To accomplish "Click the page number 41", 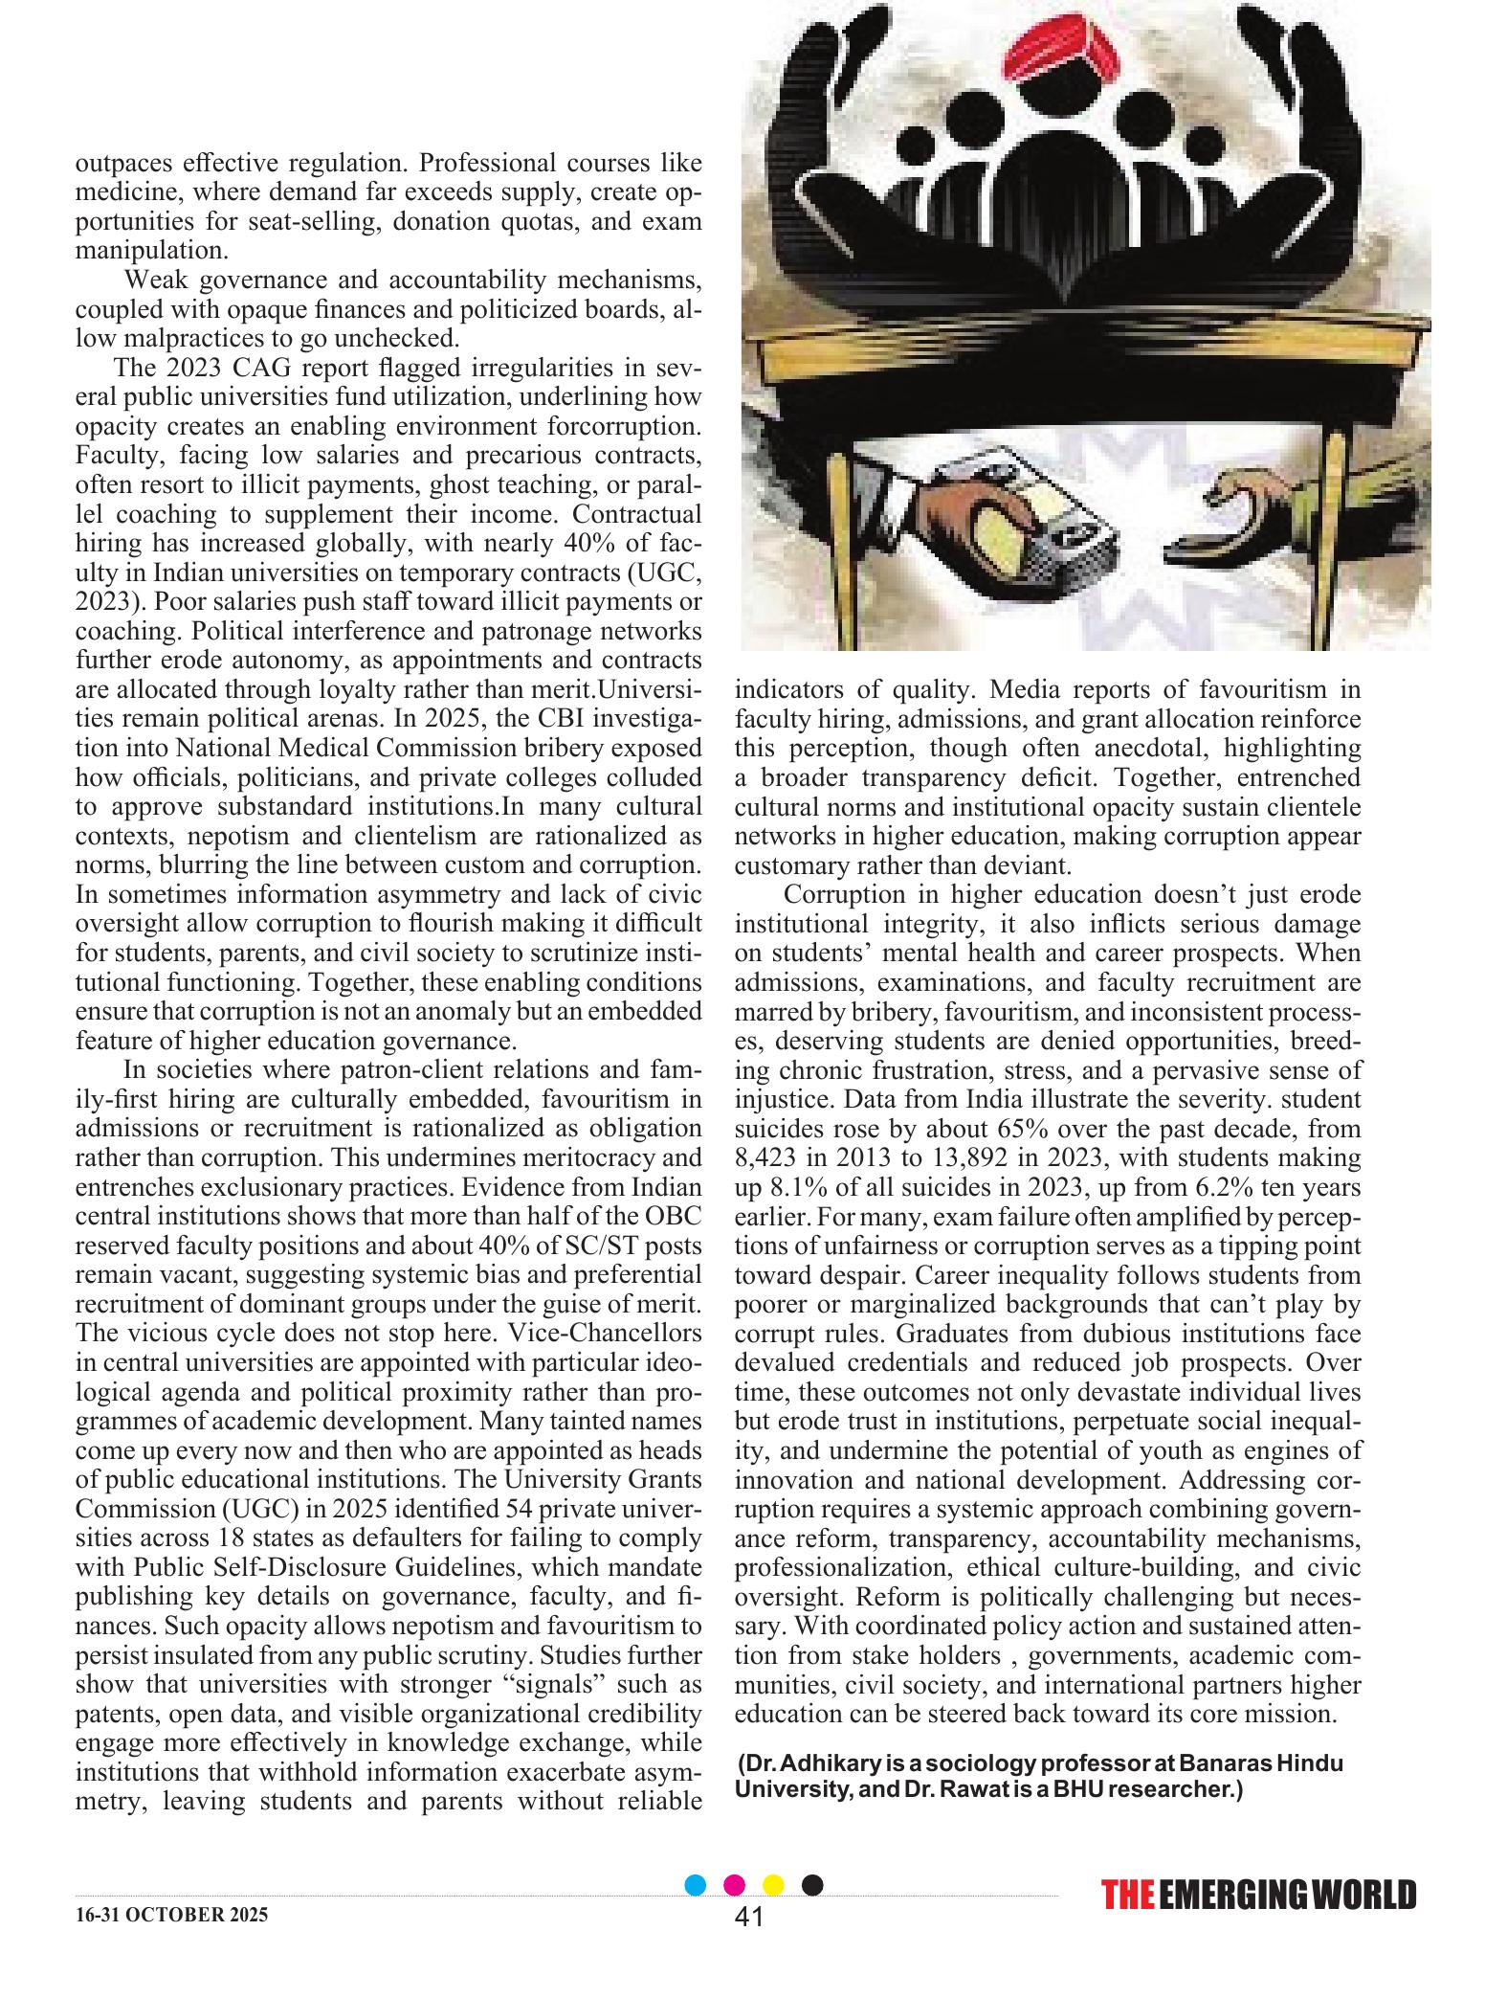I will [748, 1942].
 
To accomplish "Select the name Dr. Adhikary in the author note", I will [812, 1764].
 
